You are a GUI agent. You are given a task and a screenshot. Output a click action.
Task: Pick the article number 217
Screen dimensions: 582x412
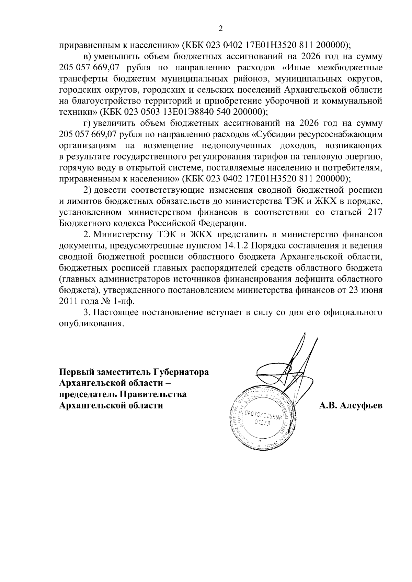click(375, 212)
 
